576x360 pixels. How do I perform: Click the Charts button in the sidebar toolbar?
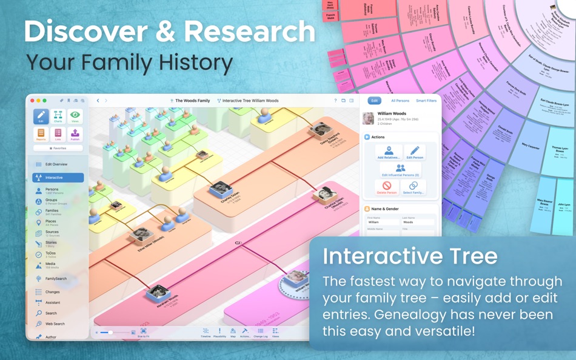[x=58, y=116]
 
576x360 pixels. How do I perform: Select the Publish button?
[x=75, y=135]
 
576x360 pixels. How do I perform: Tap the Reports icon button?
[x=41, y=135]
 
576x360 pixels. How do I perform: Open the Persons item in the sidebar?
[x=52, y=191]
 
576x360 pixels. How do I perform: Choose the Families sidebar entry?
[x=53, y=212]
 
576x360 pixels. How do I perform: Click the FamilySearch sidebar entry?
[x=56, y=279]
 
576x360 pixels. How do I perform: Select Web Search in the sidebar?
[x=55, y=324]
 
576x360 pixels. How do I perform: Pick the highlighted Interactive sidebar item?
[x=58, y=178]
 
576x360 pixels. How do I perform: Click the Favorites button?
[x=58, y=148]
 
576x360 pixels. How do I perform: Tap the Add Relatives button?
[x=389, y=152]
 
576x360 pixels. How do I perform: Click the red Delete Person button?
[x=387, y=187]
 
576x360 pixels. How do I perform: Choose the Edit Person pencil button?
[x=415, y=152]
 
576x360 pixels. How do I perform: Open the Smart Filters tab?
[x=426, y=101]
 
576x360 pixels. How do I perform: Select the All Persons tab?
[x=400, y=101]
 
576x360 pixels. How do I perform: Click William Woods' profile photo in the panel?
[x=368, y=118]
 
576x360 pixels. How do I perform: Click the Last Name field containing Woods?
[x=418, y=222]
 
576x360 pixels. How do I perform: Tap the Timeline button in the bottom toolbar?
[x=206, y=332]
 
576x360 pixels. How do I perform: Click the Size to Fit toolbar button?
[x=144, y=332]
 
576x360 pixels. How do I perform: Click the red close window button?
[x=32, y=101]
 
